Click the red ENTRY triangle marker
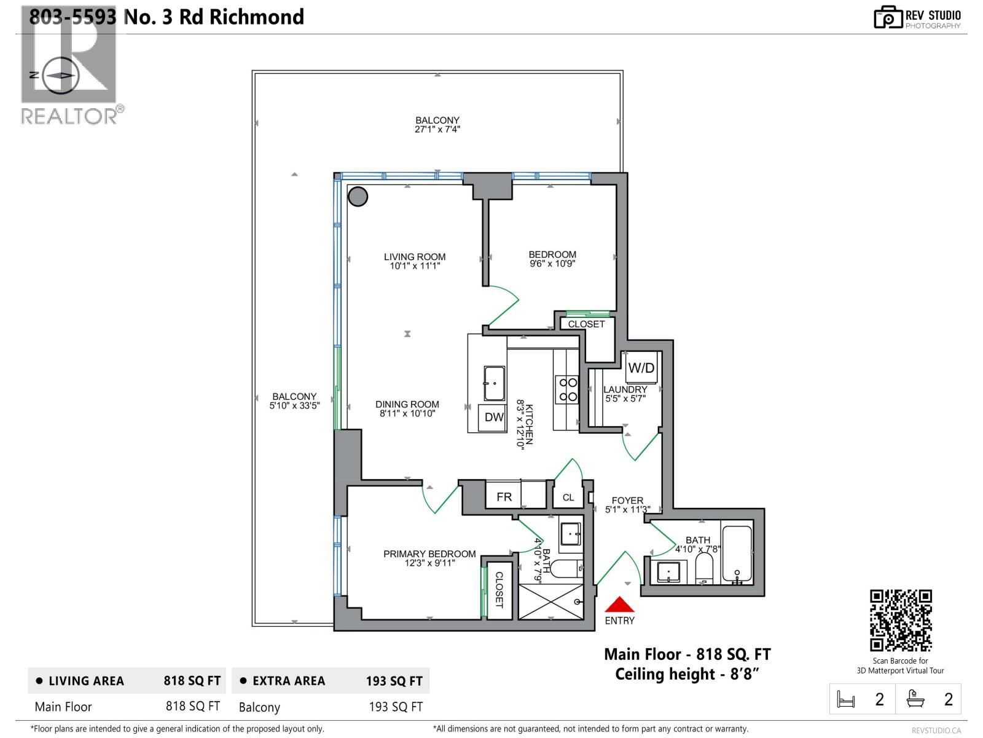[x=619, y=605]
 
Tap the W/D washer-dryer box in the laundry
[x=641, y=368]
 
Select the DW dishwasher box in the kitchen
[x=493, y=418]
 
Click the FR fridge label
[x=504, y=497]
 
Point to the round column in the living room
[x=358, y=196]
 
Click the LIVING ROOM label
[x=415, y=257]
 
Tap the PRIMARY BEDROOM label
[x=429, y=553]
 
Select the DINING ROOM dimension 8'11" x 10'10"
[x=407, y=414]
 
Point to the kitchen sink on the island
[x=494, y=383]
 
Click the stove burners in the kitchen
[x=566, y=390]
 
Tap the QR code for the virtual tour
[x=901, y=620]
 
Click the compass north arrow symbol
[x=60, y=75]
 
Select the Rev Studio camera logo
[x=888, y=17]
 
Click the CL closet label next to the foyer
[x=568, y=498]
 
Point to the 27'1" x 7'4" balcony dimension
[x=437, y=129]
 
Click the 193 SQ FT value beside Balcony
[x=395, y=707]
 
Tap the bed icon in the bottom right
[x=846, y=700]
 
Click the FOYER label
[x=627, y=501]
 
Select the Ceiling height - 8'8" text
[x=687, y=674]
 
